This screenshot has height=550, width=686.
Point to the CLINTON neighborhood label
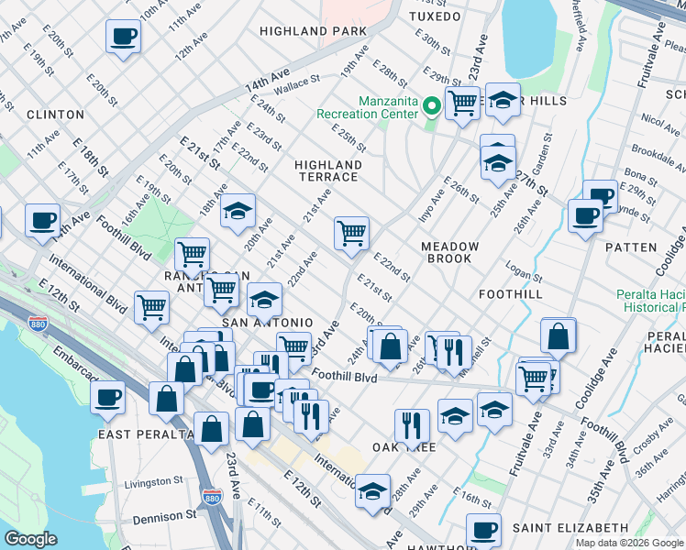(x=55, y=115)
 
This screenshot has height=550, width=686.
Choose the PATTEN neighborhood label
(x=631, y=247)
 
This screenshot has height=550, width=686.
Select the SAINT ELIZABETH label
(x=570, y=529)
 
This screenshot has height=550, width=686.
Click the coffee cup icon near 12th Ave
(x=123, y=37)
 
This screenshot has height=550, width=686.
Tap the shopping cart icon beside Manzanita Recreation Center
(x=462, y=102)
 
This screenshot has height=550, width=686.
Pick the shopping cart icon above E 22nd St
(x=351, y=233)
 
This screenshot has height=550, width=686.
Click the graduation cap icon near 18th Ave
(x=238, y=210)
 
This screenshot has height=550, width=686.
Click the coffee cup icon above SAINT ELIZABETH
(x=483, y=529)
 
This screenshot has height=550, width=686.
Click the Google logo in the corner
(x=31, y=539)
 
